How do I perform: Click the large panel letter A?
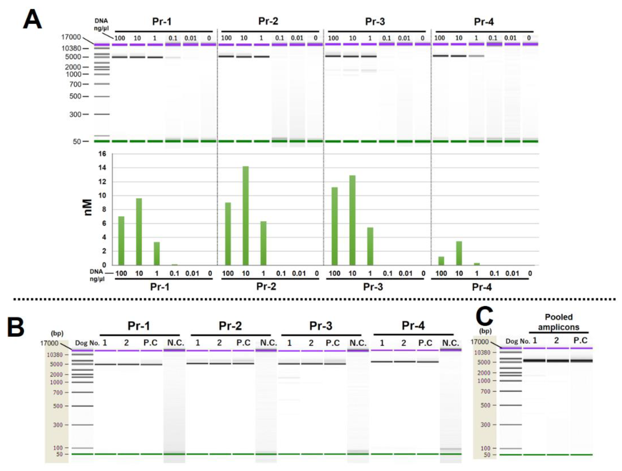pyautogui.click(x=32, y=19)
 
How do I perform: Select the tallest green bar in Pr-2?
pyautogui.click(x=246, y=215)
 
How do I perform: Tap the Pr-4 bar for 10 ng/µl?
pyautogui.click(x=459, y=253)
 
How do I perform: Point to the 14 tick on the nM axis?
pyautogui.click(x=102, y=168)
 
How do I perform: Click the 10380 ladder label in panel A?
pyautogui.click(x=71, y=48)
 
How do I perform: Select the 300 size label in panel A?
pyautogui.click(x=75, y=114)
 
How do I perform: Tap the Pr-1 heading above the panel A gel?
pyautogui.click(x=162, y=22)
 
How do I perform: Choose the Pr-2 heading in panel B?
pyautogui.click(x=230, y=326)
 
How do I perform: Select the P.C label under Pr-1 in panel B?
pyautogui.click(x=151, y=343)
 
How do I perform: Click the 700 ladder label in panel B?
pyautogui.click(x=58, y=392)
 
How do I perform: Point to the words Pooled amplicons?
pyautogui.click(x=559, y=322)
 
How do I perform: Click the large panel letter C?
pyautogui.click(x=484, y=316)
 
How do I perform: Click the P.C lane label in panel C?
pyautogui.click(x=580, y=340)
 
